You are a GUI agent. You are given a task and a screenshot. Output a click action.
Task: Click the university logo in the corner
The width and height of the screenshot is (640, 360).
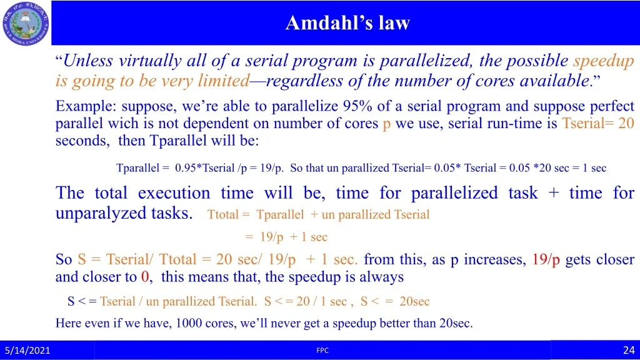[25, 23]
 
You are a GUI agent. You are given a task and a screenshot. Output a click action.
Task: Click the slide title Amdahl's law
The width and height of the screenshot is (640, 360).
[347, 23]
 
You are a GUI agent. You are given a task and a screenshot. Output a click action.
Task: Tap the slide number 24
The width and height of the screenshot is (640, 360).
[629, 350]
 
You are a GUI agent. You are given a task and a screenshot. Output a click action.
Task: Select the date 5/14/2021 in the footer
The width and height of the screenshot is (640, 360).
[27, 350]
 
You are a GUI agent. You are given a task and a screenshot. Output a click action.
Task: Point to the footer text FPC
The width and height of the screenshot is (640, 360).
[322, 350]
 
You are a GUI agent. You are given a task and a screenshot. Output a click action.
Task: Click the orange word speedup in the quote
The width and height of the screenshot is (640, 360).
[603, 61]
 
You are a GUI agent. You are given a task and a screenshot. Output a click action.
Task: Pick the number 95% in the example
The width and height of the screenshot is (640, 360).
[357, 106]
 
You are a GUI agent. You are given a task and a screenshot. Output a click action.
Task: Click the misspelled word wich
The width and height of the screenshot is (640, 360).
[122, 123]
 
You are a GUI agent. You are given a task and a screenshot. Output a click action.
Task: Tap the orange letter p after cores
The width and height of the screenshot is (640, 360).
[386, 124]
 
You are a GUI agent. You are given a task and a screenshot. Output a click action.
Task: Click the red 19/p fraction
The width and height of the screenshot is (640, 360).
[546, 259]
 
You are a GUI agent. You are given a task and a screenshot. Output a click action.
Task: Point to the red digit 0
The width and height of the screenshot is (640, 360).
[145, 277]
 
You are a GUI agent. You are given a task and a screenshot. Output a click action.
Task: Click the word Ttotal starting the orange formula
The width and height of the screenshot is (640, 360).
[222, 215]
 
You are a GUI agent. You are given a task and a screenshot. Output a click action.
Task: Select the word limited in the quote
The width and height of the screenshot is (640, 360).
[224, 81]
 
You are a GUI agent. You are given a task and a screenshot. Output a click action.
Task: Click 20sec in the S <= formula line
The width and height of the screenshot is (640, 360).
[414, 301]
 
